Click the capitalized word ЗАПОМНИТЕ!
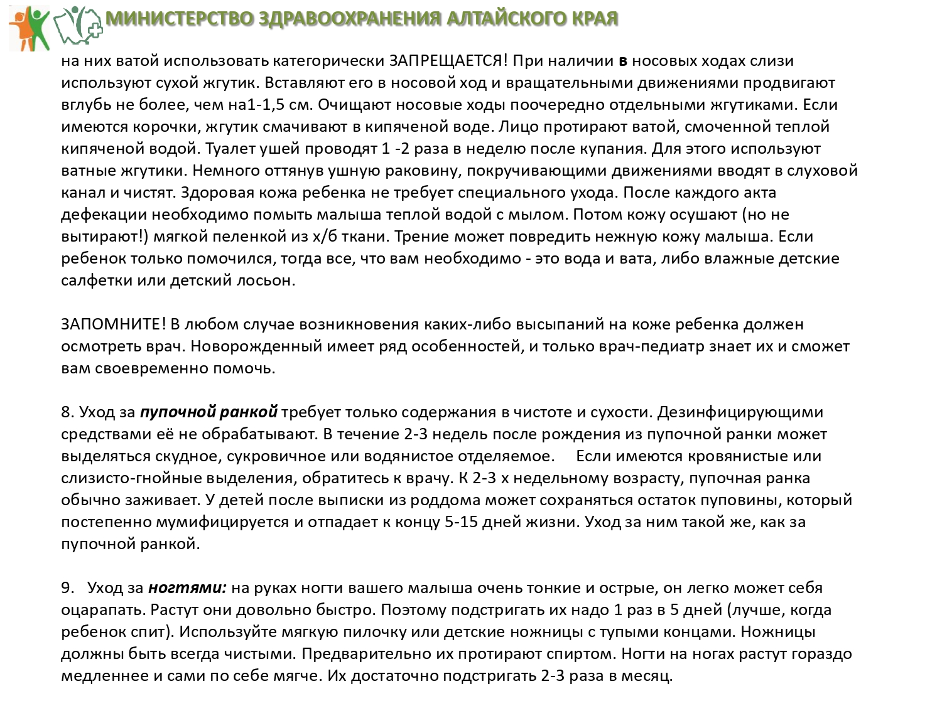[x=114, y=324]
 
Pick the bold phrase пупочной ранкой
[x=208, y=412]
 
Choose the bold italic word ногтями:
[x=187, y=588]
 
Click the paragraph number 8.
[x=67, y=412]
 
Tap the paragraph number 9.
[x=67, y=588]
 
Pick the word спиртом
[x=582, y=654]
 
